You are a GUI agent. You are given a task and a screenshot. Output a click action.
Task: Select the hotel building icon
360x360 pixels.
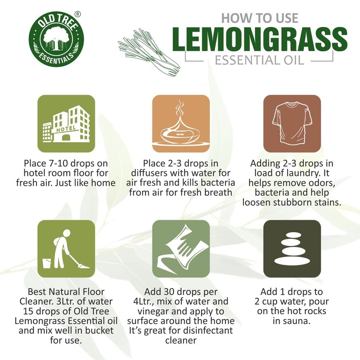(x=66, y=123)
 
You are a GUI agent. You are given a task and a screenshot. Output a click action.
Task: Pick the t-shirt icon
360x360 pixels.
(x=292, y=123)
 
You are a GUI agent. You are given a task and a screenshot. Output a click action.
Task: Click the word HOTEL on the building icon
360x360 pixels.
(x=63, y=129)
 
